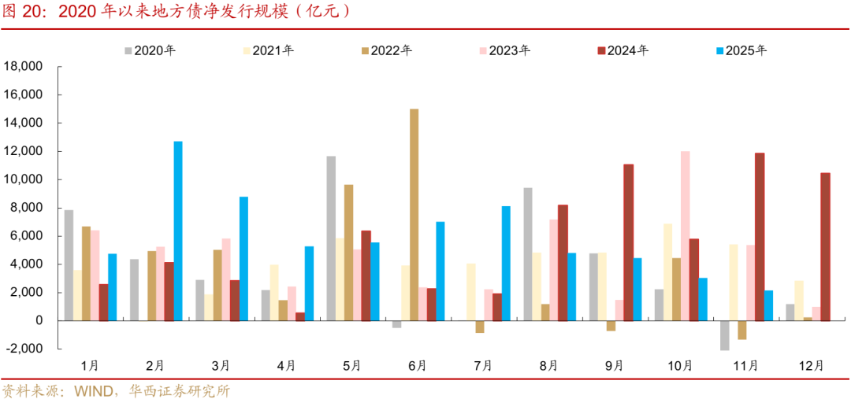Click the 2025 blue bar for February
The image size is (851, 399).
click(178, 231)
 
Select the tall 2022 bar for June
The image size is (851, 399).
click(414, 214)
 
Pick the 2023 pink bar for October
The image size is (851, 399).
click(686, 235)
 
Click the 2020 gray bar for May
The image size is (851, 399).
click(331, 238)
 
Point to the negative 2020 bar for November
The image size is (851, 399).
click(725, 335)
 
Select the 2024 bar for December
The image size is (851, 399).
click(825, 246)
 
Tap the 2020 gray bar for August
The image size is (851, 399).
click(528, 253)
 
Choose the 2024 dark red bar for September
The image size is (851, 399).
click(628, 242)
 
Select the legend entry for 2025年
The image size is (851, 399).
click(740, 50)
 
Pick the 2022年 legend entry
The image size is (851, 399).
click(386, 50)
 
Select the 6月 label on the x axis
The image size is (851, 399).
click(418, 365)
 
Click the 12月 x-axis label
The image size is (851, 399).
click(811, 365)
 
